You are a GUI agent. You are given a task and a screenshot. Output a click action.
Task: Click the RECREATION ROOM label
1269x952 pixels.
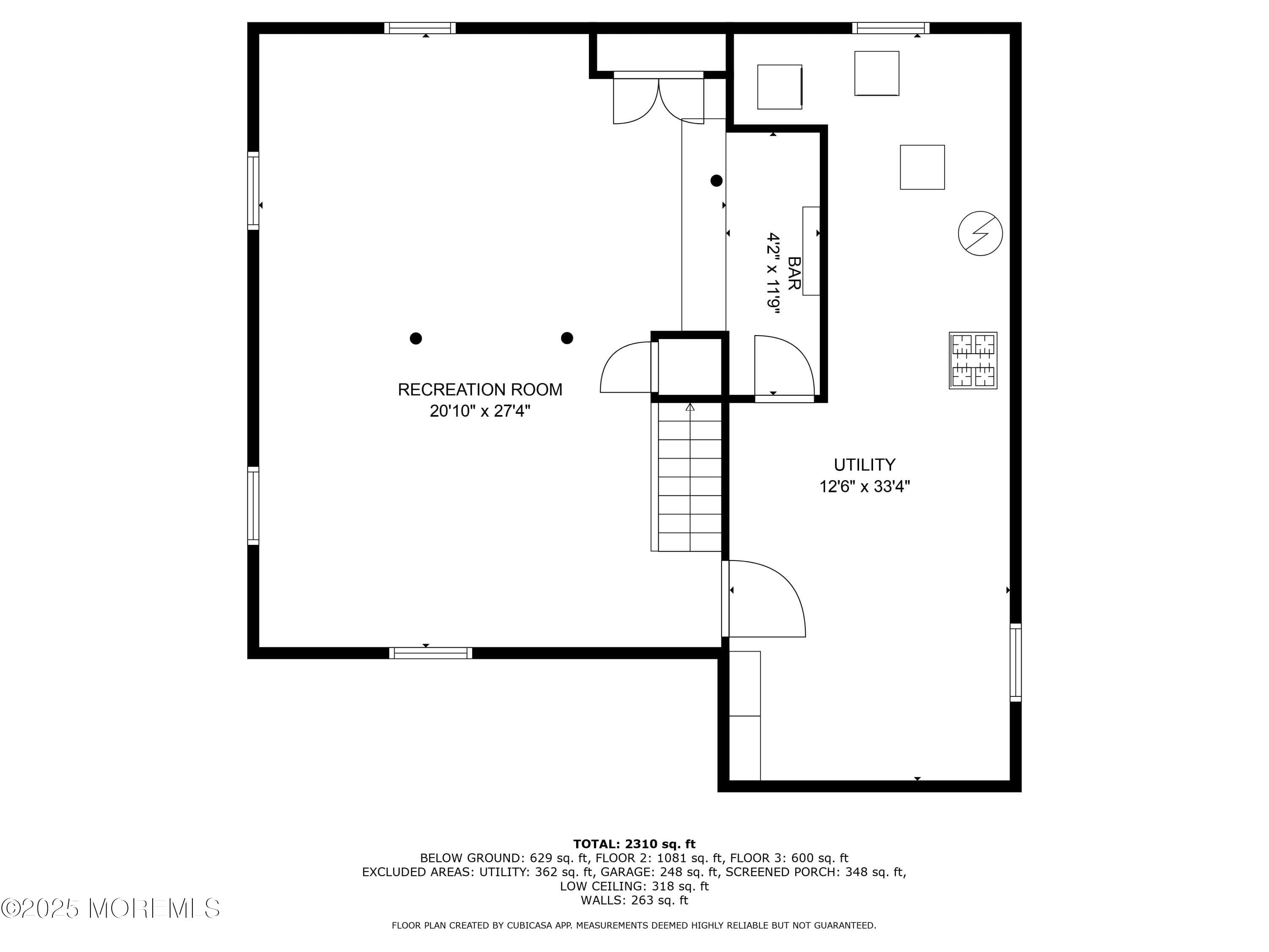click(x=480, y=390)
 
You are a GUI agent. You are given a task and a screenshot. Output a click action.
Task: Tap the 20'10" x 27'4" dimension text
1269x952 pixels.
click(x=480, y=411)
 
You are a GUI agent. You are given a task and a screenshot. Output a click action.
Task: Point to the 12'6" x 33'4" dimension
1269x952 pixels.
click(x=864, y=487)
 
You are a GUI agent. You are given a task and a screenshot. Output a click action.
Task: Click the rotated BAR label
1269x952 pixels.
click(x=794, y=273)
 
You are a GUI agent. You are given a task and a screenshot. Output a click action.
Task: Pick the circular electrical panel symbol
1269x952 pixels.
click(x=980, y=234)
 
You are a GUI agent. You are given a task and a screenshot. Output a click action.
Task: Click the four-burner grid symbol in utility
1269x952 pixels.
click(x=972, y=360)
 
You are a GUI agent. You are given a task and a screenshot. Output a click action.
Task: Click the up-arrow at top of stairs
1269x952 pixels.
click(x=689, y=407)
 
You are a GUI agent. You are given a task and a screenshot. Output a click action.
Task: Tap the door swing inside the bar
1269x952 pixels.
click(x=783, y=366)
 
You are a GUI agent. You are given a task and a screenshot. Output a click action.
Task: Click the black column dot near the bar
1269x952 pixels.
click(x=716, y=181)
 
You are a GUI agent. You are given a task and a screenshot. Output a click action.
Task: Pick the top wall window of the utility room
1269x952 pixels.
click(x=890, y=28)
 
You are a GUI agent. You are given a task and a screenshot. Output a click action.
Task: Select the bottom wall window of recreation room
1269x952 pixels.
click(x=430, y=653)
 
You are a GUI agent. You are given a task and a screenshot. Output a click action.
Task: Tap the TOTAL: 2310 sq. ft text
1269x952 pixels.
click(x=634, y=844)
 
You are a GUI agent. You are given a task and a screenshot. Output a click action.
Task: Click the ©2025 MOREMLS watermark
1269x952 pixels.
click(x=110, y=908)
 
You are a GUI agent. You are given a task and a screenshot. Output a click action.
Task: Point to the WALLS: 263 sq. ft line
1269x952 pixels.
click(x=634, y=900)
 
